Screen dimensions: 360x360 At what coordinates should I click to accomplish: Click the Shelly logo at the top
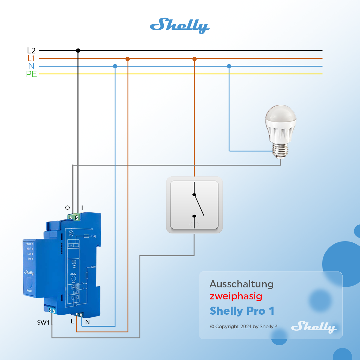[x=179, y=26]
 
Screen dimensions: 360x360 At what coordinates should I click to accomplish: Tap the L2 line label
[x=31, y=51]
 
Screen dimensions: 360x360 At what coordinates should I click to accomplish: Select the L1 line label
[x=31, y=58]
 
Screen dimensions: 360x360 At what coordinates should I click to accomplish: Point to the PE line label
[x=31, y=74]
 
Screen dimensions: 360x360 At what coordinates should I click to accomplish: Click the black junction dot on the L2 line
[x=78, y=51]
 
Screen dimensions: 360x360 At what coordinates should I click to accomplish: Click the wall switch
[x=194, y=205]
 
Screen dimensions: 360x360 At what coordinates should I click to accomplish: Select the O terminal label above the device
[x=67, y=208]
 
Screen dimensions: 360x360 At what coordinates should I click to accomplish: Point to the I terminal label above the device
[x=82, y=208]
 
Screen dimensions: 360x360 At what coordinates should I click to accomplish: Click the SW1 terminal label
[x=43, y=322]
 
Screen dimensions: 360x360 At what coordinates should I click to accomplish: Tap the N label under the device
[x=88, y=322]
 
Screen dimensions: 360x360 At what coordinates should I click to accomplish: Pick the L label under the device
[x=72, y=322]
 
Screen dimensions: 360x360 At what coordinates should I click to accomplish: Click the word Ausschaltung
[x=241, y=284]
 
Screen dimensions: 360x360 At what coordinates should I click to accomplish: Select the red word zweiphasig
[x=236, y=296]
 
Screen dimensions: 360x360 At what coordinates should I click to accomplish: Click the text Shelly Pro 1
[x=242, y=311]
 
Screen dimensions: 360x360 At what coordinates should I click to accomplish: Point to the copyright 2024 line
[x=244, y=326]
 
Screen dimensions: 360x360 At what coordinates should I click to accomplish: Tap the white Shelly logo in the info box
[x=313, y=327]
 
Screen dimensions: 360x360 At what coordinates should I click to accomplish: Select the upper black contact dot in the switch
[x=194, y=195]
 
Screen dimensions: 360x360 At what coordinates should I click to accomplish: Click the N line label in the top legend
[x=31, y=66]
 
